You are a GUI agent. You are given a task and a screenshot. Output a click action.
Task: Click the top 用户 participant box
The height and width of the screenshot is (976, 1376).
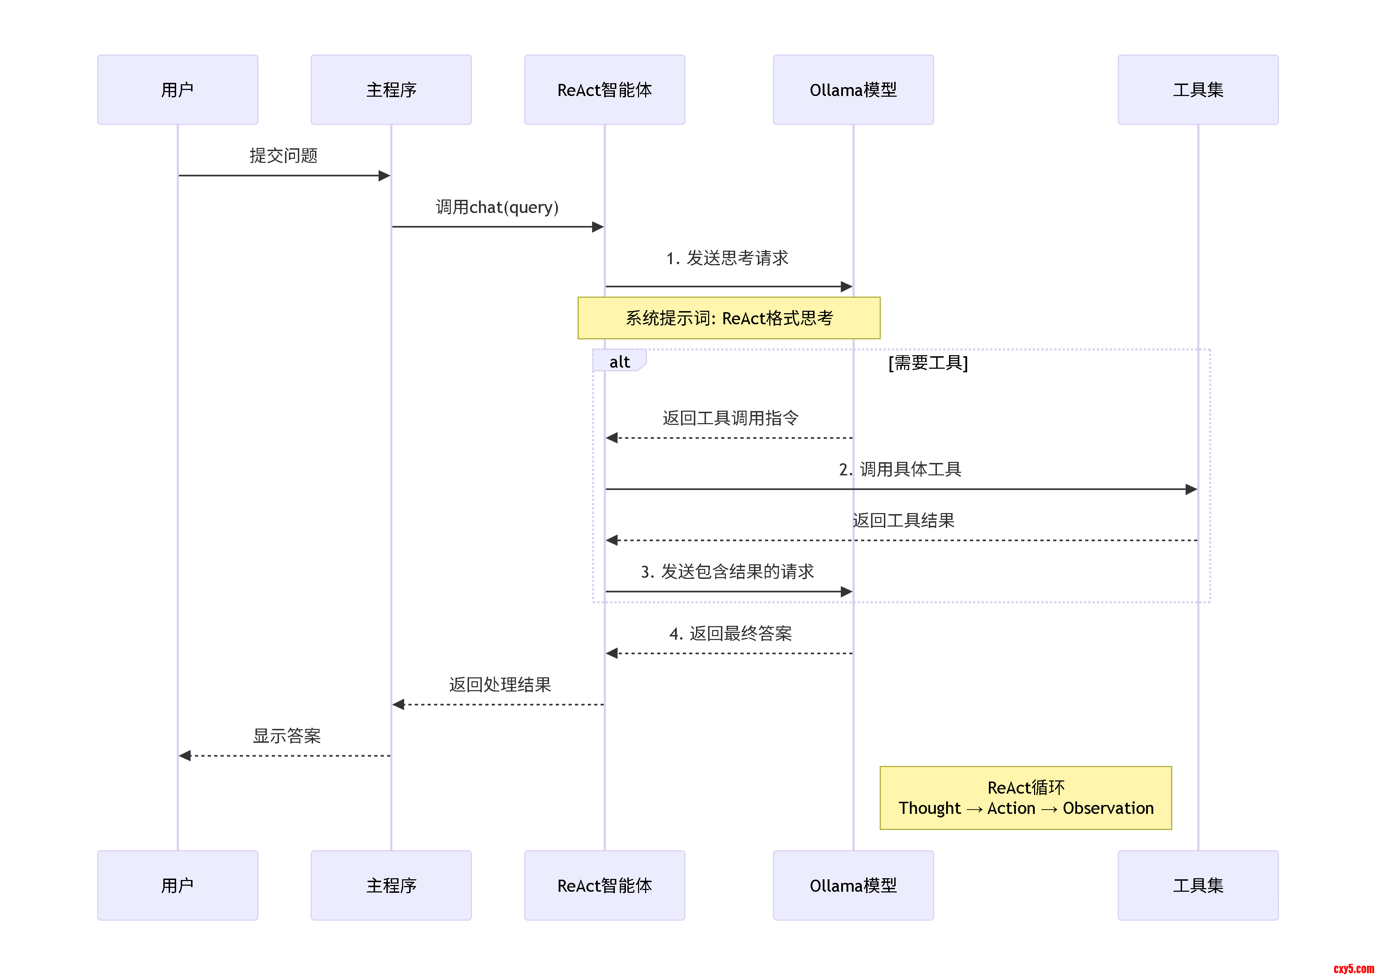pyautogui.click(x=178, y=90)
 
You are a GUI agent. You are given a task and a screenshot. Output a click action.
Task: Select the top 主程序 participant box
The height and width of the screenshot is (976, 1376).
pyautogui.click(x=391, y=90)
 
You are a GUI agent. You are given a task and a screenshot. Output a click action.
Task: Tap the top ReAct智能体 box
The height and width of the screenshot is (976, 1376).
pyautogui.click(x=605, y=90)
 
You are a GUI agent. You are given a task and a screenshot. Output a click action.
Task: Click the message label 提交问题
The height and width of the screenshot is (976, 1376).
pyautogui.click(x=283, y=156)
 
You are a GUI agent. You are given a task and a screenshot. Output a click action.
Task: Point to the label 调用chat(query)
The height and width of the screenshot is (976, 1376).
pyautogui.click(x=497, y=207)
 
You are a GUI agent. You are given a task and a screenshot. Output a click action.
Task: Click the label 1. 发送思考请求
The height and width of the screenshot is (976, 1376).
pyautogui.click(x=727, y=258)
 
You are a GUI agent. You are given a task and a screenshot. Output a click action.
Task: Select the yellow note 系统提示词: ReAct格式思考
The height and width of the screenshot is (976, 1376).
pyautogui.click(x=729, y=318)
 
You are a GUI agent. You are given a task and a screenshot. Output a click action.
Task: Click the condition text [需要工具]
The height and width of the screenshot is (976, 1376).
pyautogui.click(x=928, y=362)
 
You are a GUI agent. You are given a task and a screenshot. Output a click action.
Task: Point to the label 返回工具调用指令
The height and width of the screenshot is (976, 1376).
pyautogui.click(x=730, y=418)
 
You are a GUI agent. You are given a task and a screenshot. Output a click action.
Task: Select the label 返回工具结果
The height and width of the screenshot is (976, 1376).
pyautogui.click(x=903, y=521)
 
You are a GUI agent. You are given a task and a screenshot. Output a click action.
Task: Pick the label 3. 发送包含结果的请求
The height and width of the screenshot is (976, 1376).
pyautogui.click(x=727, y=571)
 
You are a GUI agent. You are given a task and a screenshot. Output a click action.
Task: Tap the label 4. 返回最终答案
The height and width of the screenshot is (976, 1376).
pyautogui.click(x=730, y=634)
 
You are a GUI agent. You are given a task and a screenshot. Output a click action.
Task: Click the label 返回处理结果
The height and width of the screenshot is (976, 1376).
pyautogui.click(x=500, y=684)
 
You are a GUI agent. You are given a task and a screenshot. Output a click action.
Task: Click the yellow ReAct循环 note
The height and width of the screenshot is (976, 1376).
pyautogui.click(x=1026, y=798)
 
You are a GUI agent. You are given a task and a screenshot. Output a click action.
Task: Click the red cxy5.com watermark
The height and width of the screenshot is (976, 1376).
pyautogui.click(x=1353, y=968)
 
